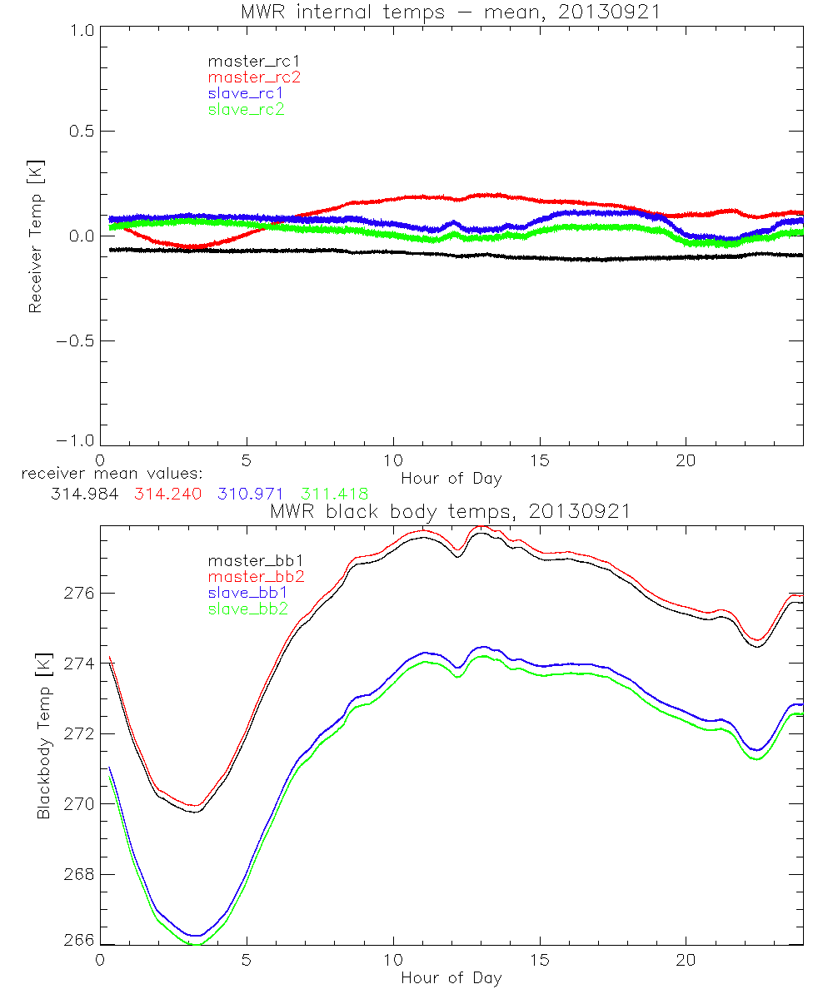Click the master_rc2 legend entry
[254, 77]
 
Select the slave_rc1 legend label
[246, 93]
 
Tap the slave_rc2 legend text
[246, 109]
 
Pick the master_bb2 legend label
[254, 576]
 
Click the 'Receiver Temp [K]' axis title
[35, 236]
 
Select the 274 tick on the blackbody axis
[79, 664]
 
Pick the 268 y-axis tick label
[79, 875]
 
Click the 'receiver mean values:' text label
[106, 474]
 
